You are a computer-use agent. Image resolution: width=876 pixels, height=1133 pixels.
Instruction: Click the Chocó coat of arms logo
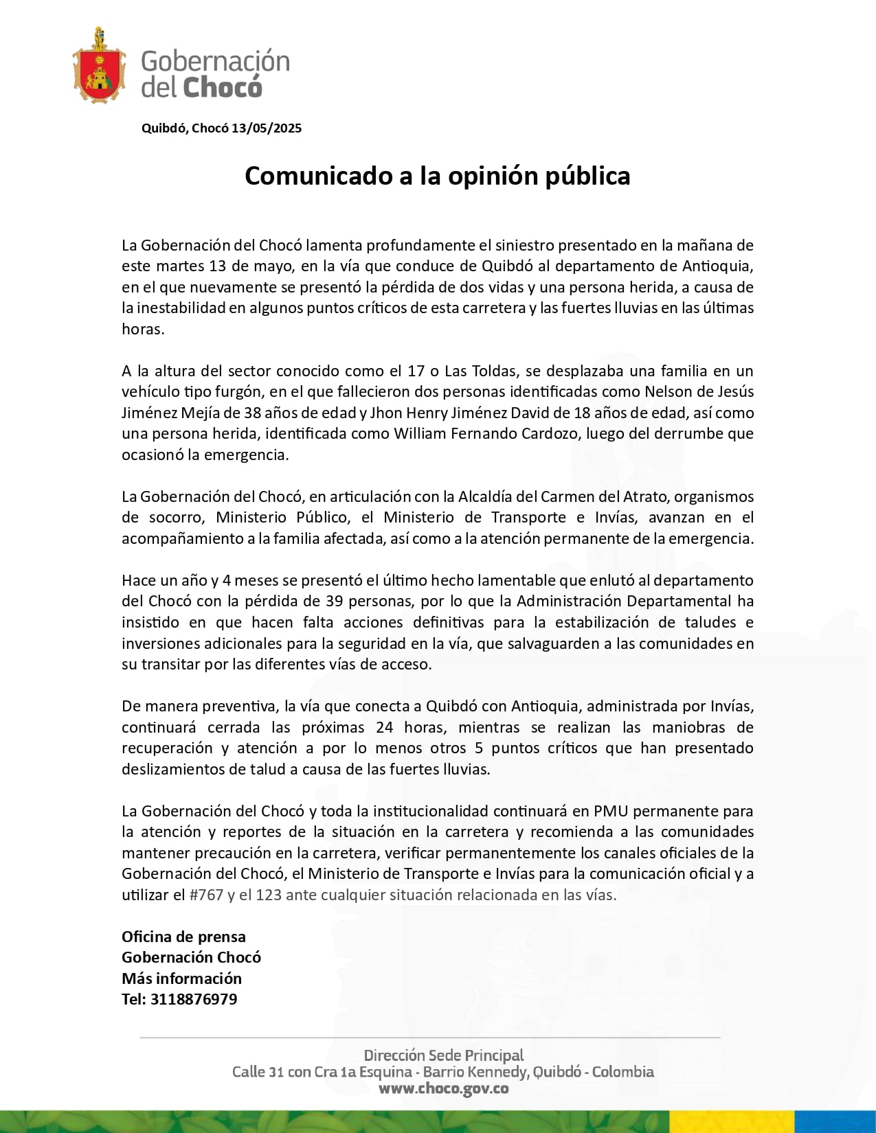99,67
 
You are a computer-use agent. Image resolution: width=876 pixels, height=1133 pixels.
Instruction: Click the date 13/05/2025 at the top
267,128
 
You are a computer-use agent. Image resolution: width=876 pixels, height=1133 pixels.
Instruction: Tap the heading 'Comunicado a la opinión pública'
438,176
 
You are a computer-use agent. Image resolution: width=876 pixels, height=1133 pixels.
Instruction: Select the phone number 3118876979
194,999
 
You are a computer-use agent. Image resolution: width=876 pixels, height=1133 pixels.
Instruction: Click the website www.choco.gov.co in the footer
444,1088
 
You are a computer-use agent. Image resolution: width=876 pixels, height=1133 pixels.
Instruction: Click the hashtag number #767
206,895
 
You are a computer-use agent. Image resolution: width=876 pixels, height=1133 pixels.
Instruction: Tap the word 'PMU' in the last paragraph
611,811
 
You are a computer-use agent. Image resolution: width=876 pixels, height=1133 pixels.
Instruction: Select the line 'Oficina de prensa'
183,937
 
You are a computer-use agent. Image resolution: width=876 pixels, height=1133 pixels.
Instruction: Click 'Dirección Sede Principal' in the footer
444,1055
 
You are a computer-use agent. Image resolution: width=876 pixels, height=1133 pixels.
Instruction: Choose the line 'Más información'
181,978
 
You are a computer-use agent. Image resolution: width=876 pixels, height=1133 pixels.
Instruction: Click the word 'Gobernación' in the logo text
216,61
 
